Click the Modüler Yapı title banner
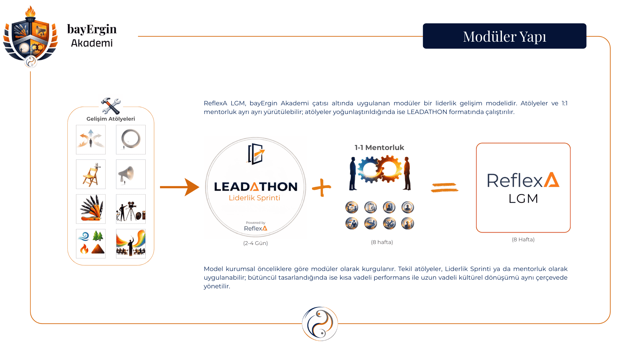click(x=504, y=36)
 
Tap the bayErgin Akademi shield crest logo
click(x=31, y=37)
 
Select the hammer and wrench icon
click(x=111, y=106)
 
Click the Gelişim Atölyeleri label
click(x=111, y=119)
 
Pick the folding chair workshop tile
click(x=91, y=174)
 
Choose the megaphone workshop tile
click(x=131, y=174)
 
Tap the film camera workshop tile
click(x=131, y=209)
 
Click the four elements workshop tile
click(x=91, y=244)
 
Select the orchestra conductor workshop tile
click(x=131, y=244)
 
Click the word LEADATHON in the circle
click(x=256, y=187)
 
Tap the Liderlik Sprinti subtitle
click(x=254, y=198)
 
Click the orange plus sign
click(x=322, y=187)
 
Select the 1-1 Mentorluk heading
click(x=379, y=147)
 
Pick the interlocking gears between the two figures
click(x=380, y=169)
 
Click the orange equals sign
click(x=445, y=187)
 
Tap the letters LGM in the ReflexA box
click(x=523, y=199)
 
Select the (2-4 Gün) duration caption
click(x=255, y=243)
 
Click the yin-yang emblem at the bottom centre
click(x=320, y=324)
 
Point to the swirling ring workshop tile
click(x=131, y=139)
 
